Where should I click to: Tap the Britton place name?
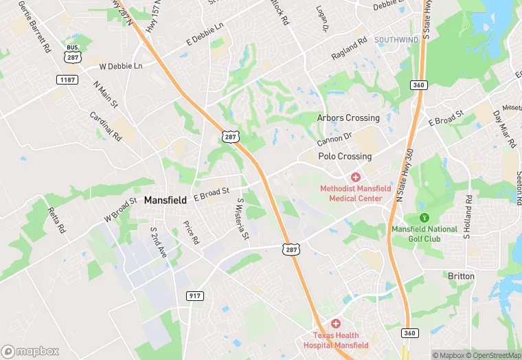point(461,275)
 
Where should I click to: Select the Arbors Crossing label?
point(348,118)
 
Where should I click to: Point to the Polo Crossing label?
point(345,157)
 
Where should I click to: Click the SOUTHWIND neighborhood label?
point(396,40)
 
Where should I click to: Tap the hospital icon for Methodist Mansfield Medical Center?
point(356,177)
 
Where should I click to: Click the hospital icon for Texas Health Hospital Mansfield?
point(336,323)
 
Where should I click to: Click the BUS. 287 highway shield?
point(72,54)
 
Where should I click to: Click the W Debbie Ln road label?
point(121,66)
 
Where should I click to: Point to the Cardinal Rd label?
point(106,124)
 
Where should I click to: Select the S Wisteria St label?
point(241,219)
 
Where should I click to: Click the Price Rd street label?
point(191,232)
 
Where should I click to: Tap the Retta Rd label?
point(56,218)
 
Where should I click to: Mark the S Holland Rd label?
point(466,217)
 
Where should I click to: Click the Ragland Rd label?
point(349,47)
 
